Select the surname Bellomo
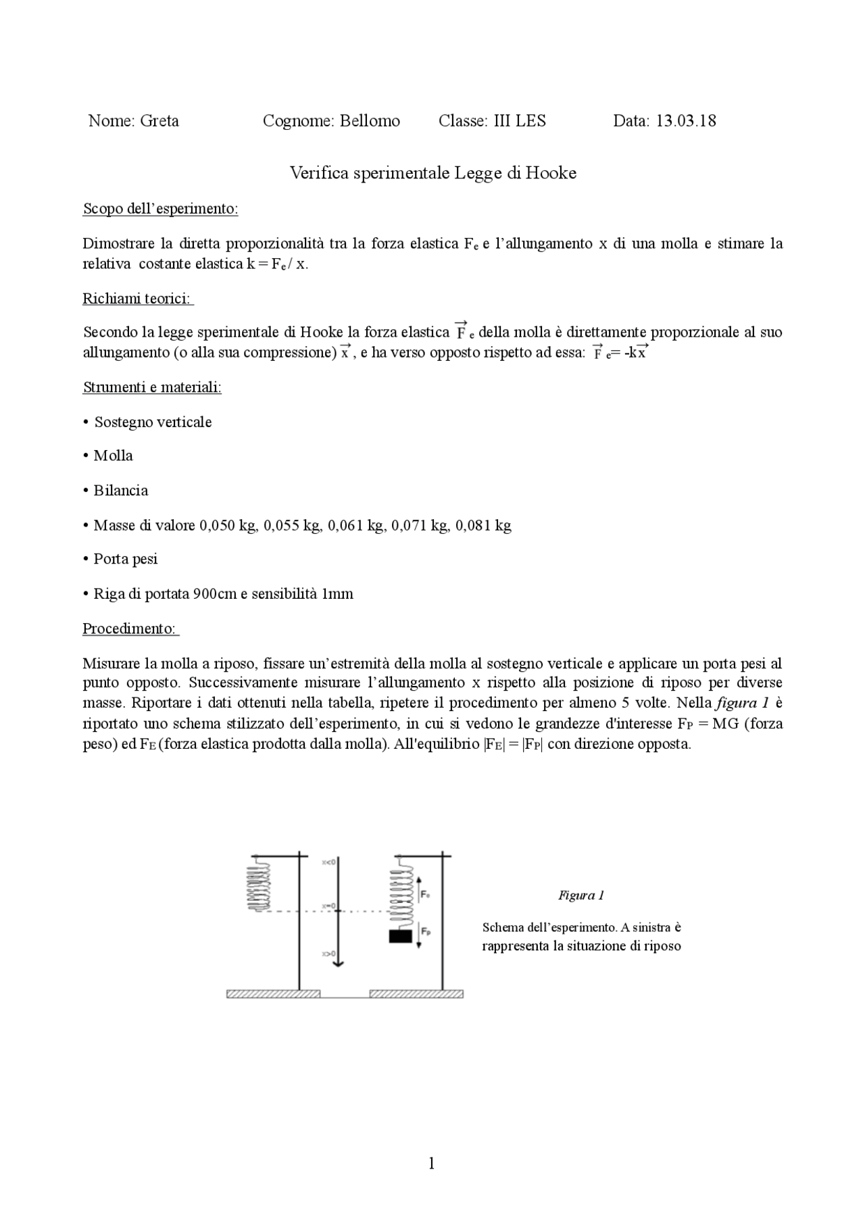coord(370,122)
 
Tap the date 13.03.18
coord(686,122)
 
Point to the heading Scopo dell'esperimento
coord(160,209)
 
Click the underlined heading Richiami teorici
coord(137,299)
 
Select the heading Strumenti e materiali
coord(152,388)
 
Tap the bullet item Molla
coord(113,456)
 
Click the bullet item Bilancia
coord(120,491)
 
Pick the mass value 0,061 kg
coord(356,526)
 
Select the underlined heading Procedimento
coord(130,629)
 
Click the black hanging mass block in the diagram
coord(400,937)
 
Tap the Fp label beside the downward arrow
coord(426,931)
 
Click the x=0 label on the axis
coord(328,906)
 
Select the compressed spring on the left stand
coord(259,884)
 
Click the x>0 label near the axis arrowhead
coord(328,954)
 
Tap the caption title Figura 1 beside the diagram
coord(580,896)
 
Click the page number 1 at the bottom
coord(432,1163)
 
